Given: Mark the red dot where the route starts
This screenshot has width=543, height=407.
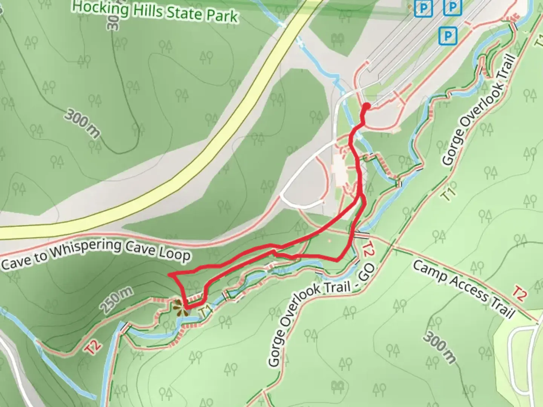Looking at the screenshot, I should [366, 107].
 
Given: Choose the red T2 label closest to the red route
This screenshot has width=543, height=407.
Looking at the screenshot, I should [368, 249].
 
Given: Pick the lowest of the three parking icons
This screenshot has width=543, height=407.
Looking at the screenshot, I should [448, 36].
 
